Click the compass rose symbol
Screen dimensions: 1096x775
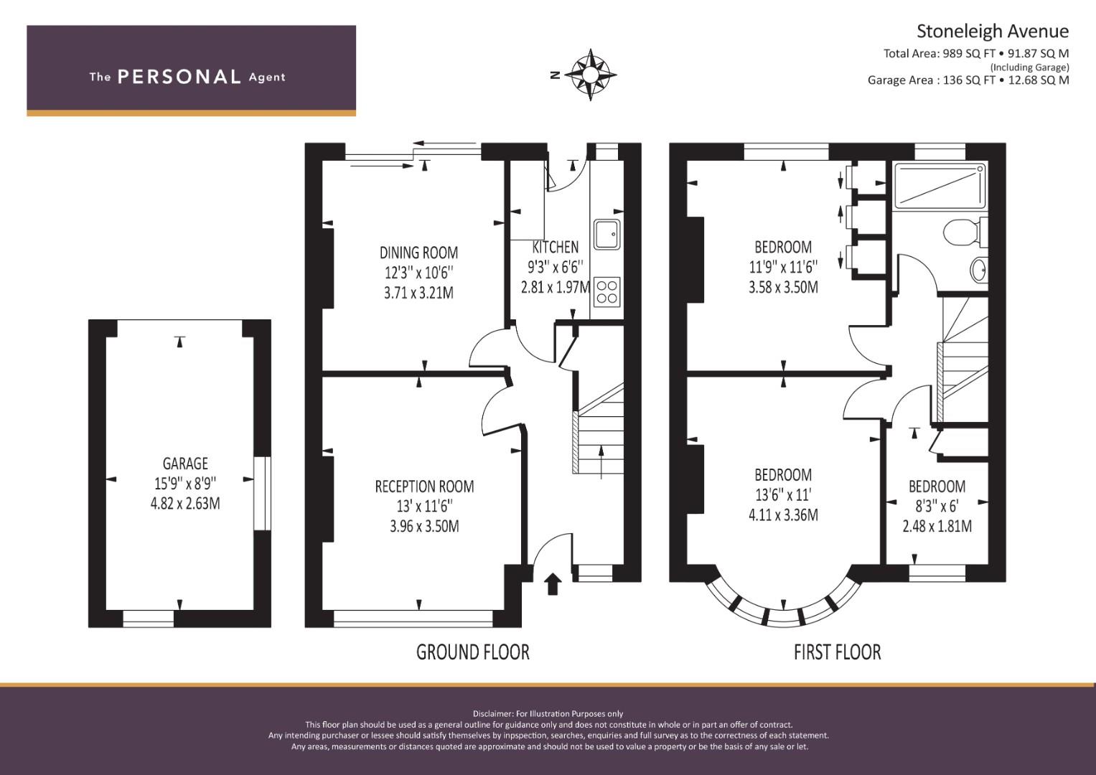591,75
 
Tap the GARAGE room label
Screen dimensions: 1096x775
185,464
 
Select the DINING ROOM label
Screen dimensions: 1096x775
419,253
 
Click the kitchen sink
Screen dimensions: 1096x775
607,235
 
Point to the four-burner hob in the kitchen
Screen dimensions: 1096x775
607,292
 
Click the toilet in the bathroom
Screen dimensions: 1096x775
965,232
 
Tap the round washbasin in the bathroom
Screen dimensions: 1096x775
978,270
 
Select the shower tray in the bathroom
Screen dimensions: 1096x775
940,186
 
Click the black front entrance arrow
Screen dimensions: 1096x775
553,584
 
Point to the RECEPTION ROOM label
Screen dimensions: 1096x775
424,487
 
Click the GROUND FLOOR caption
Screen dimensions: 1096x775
473,652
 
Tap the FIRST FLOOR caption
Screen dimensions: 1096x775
837,652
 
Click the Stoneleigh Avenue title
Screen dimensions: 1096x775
993,32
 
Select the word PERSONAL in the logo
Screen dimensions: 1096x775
179,77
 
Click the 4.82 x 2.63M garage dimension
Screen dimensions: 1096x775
185,504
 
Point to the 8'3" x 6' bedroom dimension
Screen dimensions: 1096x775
937,506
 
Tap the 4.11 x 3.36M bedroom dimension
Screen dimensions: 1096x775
783,515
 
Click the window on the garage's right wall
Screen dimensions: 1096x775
262,493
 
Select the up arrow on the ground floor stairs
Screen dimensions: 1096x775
601,462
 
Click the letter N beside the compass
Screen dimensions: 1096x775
555,75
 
